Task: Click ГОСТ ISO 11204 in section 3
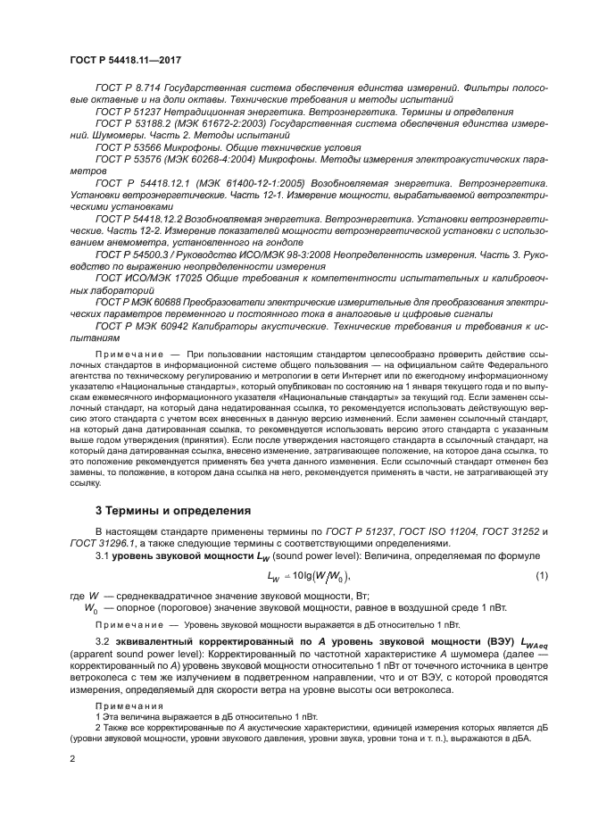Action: point(435,532)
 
